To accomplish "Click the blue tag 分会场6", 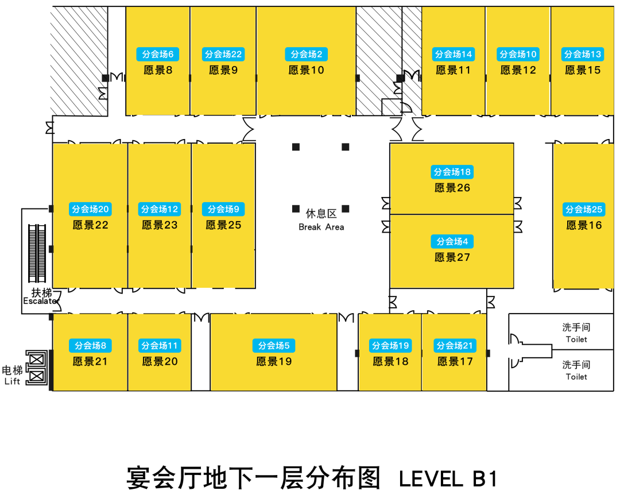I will (x=157, y=55).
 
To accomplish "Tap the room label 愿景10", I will (x=306, y=70).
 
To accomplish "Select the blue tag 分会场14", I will (x=454, y=55).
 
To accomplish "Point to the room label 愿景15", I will (x=583, y=70).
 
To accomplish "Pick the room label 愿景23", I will (x=160, y=225).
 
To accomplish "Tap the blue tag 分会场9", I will (x=223, y=209).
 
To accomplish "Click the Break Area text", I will (x=321, y=227).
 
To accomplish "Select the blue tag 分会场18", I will (x=452, y=172).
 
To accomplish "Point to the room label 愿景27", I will (x=452, y=257).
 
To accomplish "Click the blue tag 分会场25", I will (x=584, y=209).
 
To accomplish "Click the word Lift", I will (x=13, y=381).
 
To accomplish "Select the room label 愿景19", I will (x=274, y=361).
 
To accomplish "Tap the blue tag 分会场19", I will (x=390, y=346).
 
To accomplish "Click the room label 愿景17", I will (x=455, y=361).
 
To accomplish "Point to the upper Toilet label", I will (x=576, y=339).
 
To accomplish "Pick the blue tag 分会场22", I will (x=223, y=55).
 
